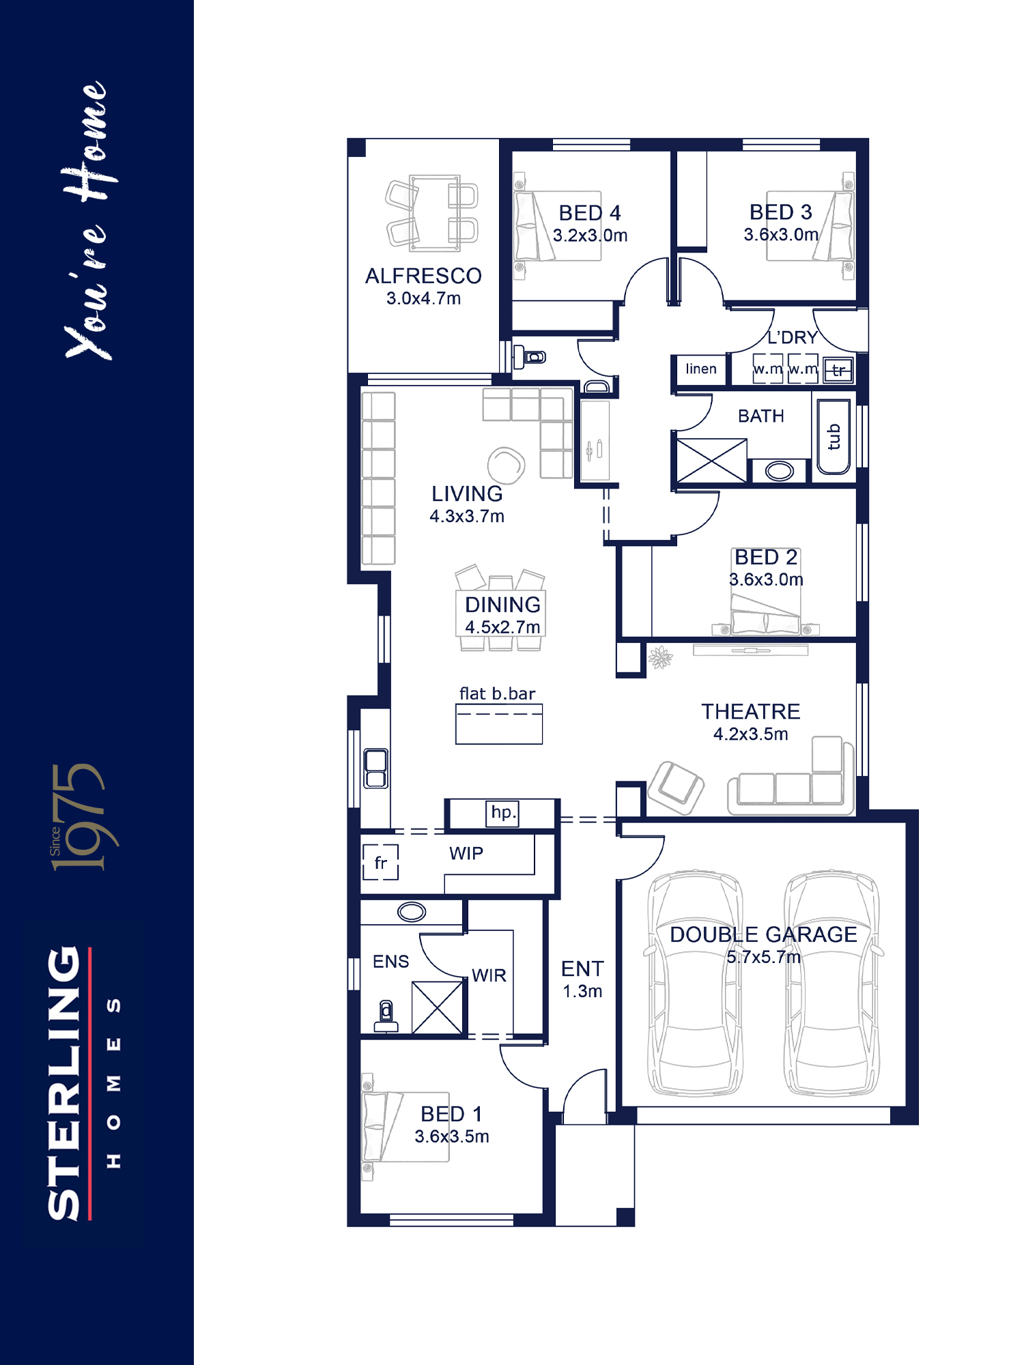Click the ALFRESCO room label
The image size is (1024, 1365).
[x=423, y=276]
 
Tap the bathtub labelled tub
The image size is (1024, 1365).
[x=834, y=437]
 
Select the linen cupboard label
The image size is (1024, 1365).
[x=701, y=369]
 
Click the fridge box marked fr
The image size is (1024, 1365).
[x=380, y=862]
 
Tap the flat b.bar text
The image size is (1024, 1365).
[x=497, y=694]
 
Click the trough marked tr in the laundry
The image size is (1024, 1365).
[x=838, y=370]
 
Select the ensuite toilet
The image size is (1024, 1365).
[x=386, y=1016]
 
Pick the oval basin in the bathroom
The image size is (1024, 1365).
[x=780, y=471]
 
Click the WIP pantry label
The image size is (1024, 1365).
[x=466, y=853]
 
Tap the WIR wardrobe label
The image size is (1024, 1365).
[x=489, y=975]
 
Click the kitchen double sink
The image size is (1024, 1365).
[x=375, y=768]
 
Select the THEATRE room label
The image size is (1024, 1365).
[x=751, y=712]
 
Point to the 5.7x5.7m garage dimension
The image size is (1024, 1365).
[x=763, y=957]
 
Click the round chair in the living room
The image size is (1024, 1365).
[x=506, y=465]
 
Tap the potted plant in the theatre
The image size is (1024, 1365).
[x=660, y=658]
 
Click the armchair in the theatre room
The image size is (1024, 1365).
[x=676, y=788]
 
